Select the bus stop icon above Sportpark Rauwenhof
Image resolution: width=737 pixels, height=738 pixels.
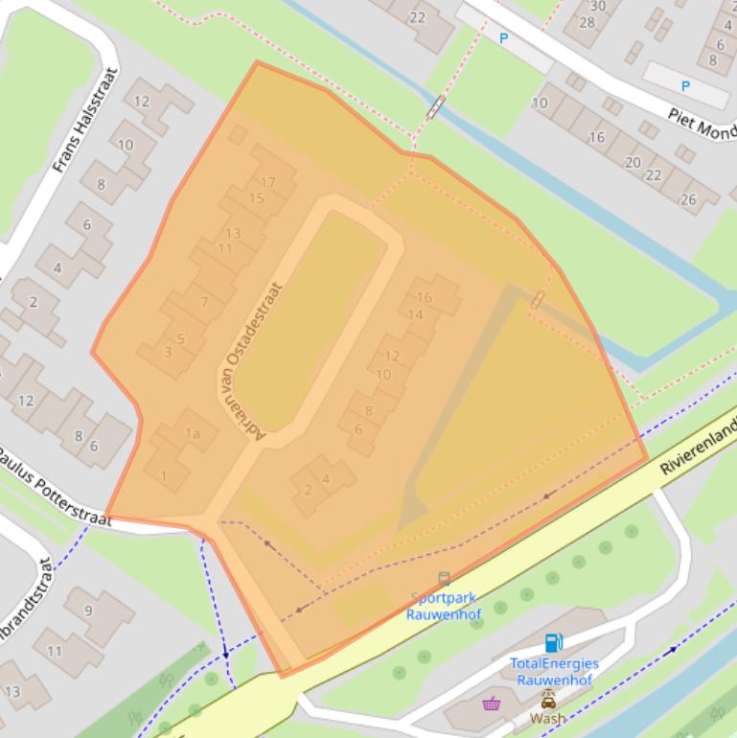[x=444, y=579]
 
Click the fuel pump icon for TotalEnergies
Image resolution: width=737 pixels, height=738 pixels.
[x=553, y=643]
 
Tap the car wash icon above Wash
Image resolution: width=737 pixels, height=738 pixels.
[x=548, y=699]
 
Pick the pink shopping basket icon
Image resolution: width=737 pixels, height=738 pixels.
[x=492, y=704]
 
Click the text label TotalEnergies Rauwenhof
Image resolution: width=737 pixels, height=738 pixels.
[x=554, y=672]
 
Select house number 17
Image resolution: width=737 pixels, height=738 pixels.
[x=267, y=182]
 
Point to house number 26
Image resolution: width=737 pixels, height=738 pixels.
[x=688, y=199]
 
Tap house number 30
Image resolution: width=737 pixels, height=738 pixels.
[x=598, y=6]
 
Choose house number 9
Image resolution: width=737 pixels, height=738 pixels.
[x=88, y=610]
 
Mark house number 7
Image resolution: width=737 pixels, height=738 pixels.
[x=203, y=302]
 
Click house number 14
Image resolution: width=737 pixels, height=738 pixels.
[x=416, y=314]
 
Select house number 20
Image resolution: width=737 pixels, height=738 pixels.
[x=633, y=162]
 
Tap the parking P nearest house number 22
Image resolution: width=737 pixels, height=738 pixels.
[x=503, y=38]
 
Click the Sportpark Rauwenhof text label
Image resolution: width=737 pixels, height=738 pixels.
[x=442, y=606]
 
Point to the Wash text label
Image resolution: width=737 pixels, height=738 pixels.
[x=548, y=718]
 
